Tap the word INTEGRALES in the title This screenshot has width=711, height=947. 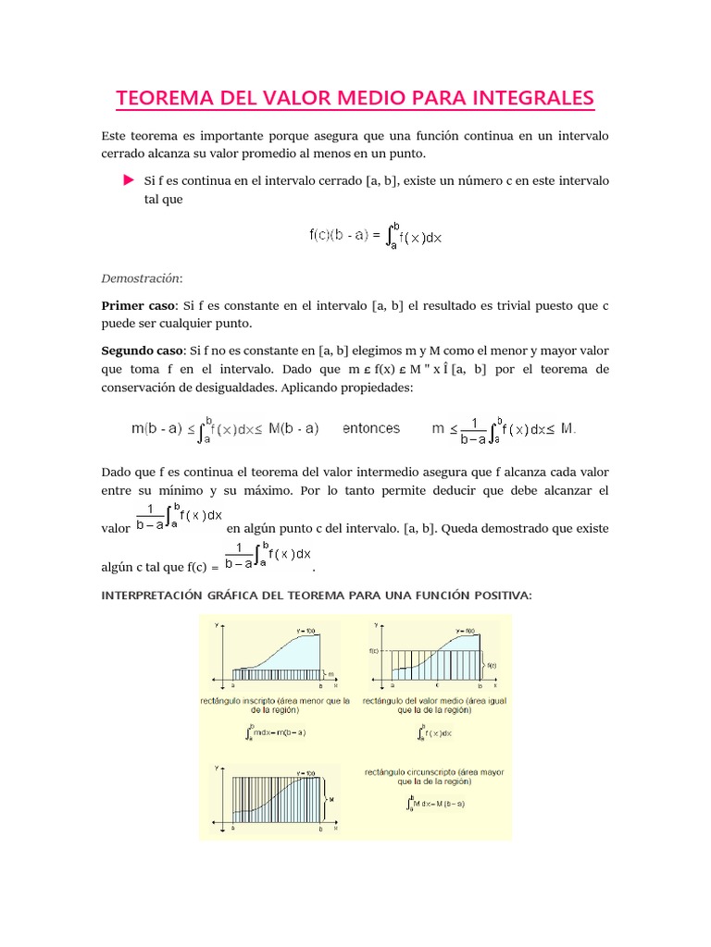point(530,98)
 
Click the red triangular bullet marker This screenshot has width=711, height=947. point(129,180)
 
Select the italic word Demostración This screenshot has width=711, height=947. point(142,277)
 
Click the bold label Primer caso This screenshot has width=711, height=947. point(138,304)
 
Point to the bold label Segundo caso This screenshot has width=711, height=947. point(143,351)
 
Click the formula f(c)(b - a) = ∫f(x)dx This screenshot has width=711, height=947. point(375,235)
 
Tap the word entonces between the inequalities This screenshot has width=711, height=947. point(371,428)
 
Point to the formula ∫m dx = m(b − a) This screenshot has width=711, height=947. point(276,733)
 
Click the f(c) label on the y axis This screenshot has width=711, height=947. point(374,650)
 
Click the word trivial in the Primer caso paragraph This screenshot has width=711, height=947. point(493,304)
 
